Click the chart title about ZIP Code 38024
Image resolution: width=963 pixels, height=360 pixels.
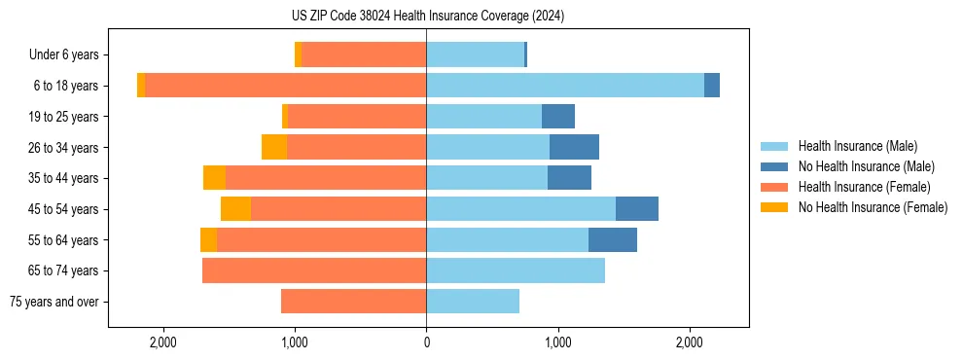(427, 17)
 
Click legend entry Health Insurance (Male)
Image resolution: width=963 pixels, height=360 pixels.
(857, 146)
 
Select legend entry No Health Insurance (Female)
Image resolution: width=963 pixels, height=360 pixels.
(873, 207)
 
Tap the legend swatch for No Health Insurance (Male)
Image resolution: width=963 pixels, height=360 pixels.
(775, 166)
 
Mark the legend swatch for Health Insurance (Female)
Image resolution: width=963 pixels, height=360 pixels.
(775, 187)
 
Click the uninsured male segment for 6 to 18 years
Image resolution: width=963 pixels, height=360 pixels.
(712, 86)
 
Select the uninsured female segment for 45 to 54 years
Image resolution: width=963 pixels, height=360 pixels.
(235, 209)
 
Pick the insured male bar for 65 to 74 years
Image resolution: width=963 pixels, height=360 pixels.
(516, 270)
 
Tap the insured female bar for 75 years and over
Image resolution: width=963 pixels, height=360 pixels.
(353, 302)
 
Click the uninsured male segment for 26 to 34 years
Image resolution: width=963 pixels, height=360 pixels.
(574, 147)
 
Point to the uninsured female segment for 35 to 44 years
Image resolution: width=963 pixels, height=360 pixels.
(214, 178)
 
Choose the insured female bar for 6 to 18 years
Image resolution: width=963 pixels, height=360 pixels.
(285, 86)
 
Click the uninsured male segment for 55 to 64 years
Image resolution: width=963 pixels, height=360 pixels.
(613, 239)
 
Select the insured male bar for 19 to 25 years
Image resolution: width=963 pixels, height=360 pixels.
(483, 117)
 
